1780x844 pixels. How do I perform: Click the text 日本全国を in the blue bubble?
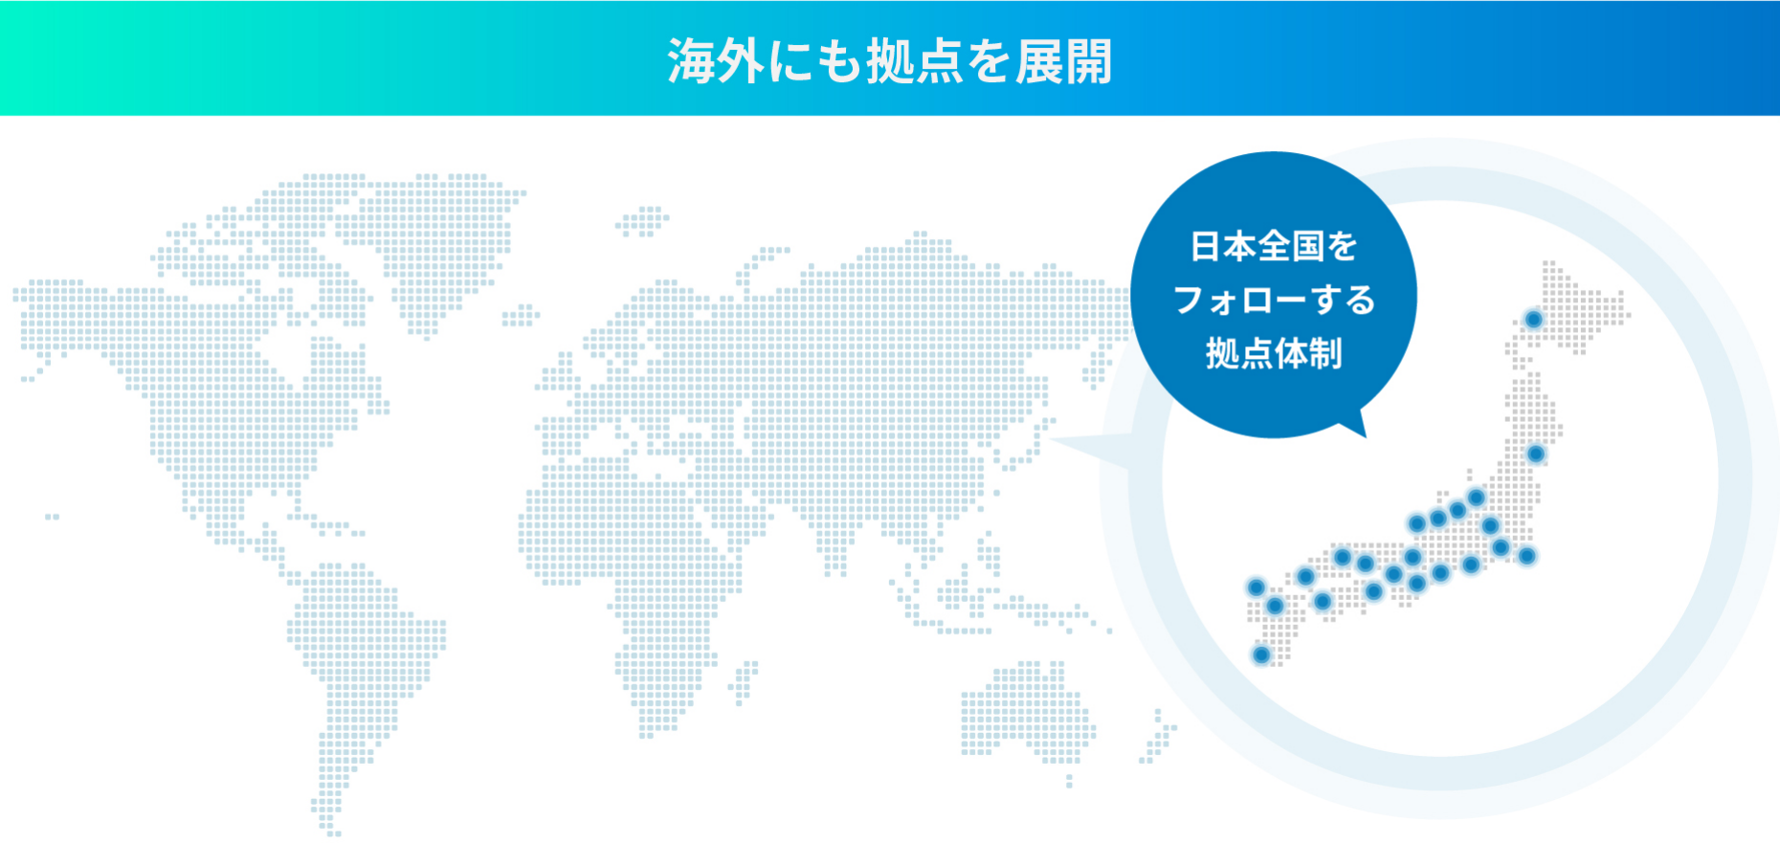coord(1273,246)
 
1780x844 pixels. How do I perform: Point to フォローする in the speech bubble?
coord(1273,300)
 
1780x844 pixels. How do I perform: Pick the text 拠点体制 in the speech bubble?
coord(1273,353)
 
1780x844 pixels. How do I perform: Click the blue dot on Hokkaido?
coord(1533,319)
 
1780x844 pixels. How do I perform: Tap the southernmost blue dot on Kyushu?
coord(1261,655)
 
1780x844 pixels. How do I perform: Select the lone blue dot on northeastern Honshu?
coord(1535,454)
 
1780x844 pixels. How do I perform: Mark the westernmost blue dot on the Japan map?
coord(1256,587)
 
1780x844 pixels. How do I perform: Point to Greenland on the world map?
coord(450,239)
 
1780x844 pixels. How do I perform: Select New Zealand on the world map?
coord(1158,737)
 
